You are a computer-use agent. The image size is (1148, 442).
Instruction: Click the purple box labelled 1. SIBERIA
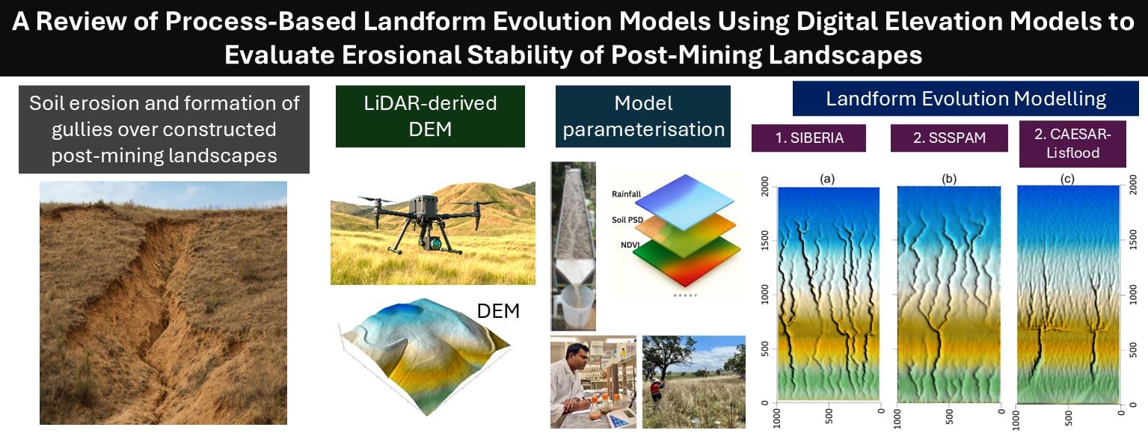(808, 138)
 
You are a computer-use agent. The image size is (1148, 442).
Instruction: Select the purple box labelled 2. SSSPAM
(949, 138)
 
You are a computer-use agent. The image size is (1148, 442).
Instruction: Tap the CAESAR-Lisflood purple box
(1072, 144)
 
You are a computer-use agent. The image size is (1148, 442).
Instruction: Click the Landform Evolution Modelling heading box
(966, 99)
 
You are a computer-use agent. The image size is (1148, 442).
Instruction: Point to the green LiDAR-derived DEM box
(430, 117)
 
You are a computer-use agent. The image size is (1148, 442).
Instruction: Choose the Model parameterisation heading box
(643, 117)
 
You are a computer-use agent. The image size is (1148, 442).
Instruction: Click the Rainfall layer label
(626, 194)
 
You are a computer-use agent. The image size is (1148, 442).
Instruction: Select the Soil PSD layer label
(627, 220)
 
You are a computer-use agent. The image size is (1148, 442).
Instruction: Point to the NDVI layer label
(630, 245)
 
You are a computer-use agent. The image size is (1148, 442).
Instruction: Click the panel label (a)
(827, 179)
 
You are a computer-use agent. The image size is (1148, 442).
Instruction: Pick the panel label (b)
(949, 179)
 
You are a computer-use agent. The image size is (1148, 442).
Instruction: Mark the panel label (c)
(1067, 179)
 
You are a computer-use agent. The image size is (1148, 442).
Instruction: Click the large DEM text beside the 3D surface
(498, 310)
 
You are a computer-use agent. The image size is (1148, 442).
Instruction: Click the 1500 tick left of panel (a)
(765, 241)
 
